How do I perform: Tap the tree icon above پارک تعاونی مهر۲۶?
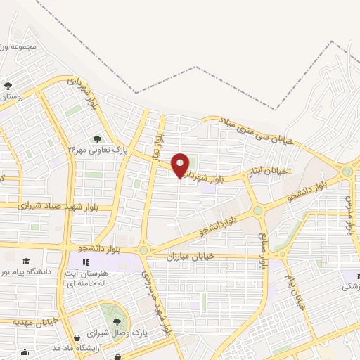click(x=96, y=138)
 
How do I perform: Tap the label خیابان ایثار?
click(x=271, y=171)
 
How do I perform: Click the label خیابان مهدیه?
click(x=34, y=322)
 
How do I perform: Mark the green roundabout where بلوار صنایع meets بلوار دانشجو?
click(x=258, y=210)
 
